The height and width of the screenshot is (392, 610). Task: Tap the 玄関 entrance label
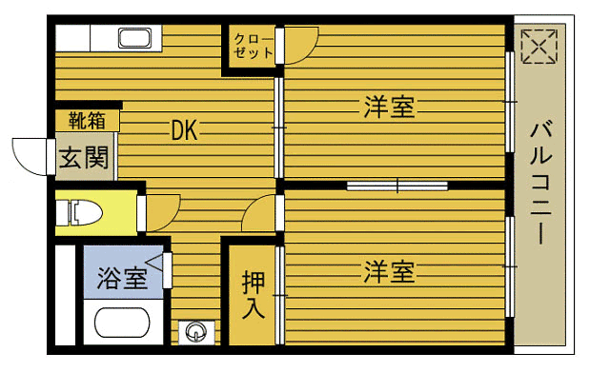click(x=84, y=158)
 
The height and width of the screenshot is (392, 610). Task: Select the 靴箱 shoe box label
click(x=87, y=121)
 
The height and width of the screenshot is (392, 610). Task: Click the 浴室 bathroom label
click(x=122, y=279)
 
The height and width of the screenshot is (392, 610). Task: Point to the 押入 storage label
click(x=253, y=295)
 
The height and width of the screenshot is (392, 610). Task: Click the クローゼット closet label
click(x=254, y=45)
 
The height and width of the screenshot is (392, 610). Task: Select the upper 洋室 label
click(x=389, y=107)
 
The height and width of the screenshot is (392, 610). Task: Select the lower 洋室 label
click(x=389, y=273)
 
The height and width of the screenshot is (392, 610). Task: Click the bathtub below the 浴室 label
click(x=122, y=323)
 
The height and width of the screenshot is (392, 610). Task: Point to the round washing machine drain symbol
click(x=196, y=332)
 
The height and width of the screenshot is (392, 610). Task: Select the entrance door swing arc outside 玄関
click(x=30, y=154)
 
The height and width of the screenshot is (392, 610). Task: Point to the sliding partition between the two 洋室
click(x=396, y=184)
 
